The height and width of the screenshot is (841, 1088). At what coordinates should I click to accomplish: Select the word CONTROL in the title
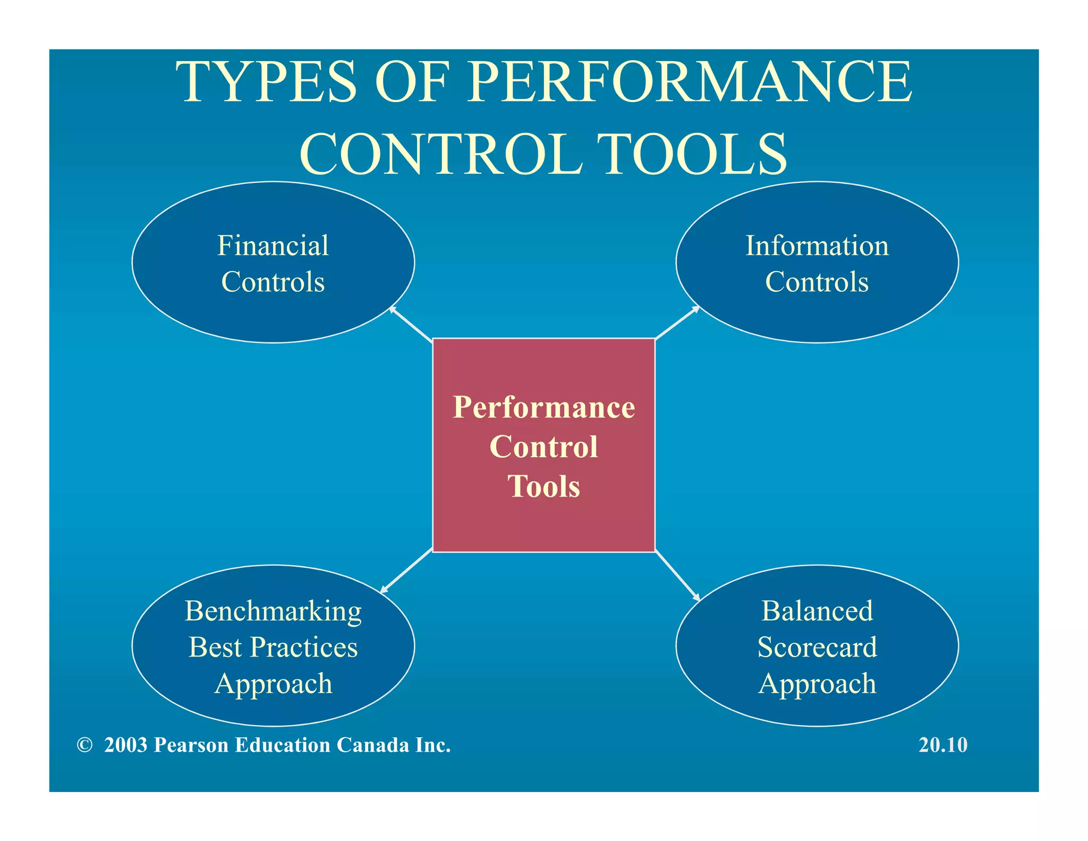click(x=441, y=154)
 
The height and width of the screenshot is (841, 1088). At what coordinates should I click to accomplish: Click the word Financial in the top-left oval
click(x=273, y=246)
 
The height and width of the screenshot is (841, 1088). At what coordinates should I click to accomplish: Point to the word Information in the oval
click(x=817, y=246)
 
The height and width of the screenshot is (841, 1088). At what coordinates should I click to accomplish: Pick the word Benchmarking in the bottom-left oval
click(x=273, y=611)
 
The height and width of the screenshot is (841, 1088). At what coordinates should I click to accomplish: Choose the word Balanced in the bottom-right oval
click(x=817, y=611)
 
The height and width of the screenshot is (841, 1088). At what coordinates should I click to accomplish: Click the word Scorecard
click(x=817, y=647)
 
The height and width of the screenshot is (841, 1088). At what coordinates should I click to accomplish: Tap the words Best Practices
click(x=273, y=647)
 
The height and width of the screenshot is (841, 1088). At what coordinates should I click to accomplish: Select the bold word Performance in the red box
click(x=543, y=407)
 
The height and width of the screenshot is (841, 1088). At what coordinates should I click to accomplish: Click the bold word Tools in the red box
click(x=543, y=486)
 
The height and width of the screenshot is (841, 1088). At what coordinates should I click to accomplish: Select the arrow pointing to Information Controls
click(x=677, y=323)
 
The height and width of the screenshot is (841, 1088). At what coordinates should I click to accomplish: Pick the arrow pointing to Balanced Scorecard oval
click(x=677, y=576)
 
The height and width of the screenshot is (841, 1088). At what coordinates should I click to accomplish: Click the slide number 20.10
click(x=943, y=745)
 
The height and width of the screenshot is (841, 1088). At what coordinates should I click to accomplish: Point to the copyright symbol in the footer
click(x=84, y=745)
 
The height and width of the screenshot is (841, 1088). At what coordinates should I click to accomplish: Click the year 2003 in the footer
click(x=125, y=745)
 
